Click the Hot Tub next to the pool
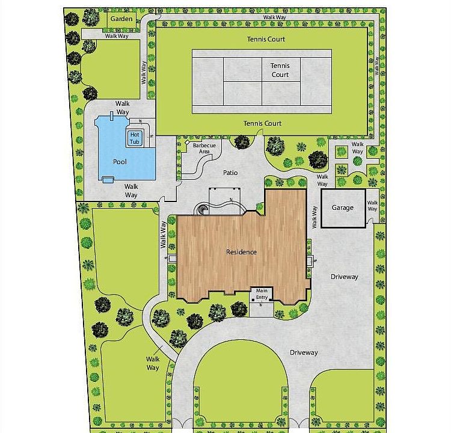click(135, 138)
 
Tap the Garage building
click(343, 208)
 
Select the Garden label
click(121, 19)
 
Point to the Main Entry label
click(262, 294)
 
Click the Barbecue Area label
click(204, 149)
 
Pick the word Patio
click(230, 173)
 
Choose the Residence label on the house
click(241, 252)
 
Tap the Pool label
click(120, 162)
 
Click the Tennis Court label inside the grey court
click(280, 70)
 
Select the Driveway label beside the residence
click(345, 277)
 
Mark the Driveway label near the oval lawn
click(304, 353)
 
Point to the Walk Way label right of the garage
click(372, 206)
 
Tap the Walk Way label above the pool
click(123, 108)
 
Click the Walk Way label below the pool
click(131, 191)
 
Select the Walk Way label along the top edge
click(275, 17)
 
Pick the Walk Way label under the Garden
click(117, 36)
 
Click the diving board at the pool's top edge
click(112, 116)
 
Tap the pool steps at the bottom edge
click(108, 180)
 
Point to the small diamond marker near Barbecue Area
click(187, 143)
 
